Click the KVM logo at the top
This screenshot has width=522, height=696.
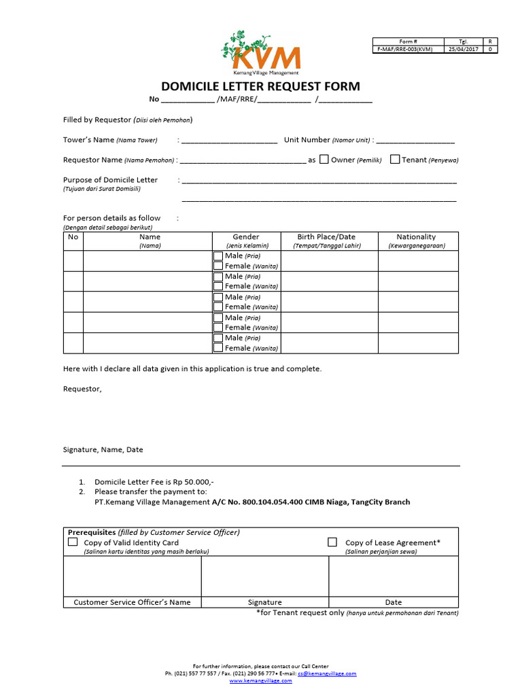point(260,52)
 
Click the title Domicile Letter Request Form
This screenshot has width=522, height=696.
point(260,86)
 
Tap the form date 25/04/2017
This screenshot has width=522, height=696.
point(464,49)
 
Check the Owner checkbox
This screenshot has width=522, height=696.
point(324,160)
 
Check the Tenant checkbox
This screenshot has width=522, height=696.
point(395,160)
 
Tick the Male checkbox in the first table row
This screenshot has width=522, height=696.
point(217,256)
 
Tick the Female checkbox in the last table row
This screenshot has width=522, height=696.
point(217,347)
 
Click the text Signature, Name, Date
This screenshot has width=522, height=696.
point(103,449)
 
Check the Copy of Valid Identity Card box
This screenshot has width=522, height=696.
point(73,542)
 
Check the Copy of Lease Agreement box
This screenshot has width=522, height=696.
point(332,542)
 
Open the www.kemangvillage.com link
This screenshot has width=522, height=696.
point(260,680)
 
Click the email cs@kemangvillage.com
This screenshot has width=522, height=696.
point(331,674)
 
